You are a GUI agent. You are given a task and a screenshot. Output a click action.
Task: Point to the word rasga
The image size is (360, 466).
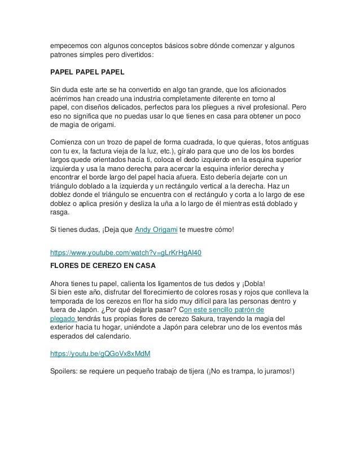(x=59, y=213)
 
